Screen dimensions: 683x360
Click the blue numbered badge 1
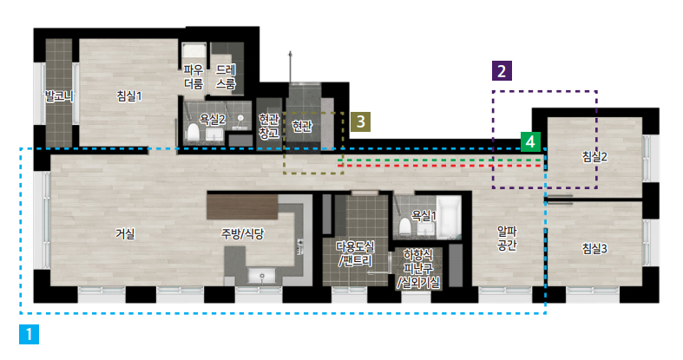click(x=29, y=334)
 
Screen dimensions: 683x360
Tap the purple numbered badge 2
click(x=502, y=71)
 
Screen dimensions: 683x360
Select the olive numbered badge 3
click(x=361, y=121)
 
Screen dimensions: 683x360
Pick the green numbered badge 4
click(x=530, y=142)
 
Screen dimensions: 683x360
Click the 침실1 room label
click(x=129, y=96)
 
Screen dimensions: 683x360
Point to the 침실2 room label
click(x=594, y=157)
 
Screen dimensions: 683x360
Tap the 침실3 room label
click(x=594, y=249)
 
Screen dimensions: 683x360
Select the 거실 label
click(x=125, y=233)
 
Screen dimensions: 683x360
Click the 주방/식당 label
click(x=243, y=234)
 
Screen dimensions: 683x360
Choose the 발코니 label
click(x=59, y=96)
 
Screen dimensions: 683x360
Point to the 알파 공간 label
click(x=507, y=238)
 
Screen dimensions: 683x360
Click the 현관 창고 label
click(x=269, y=127)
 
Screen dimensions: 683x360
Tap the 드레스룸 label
click(x=226, y=76)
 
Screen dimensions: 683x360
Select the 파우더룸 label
click(x=194, y=76)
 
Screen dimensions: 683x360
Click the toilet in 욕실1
click(x=405, y=226)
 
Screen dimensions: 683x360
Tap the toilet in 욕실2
click(x=193, y=131)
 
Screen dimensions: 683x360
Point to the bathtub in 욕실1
click(x=449, y=217)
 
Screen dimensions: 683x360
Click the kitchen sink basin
click(x=261, y=276)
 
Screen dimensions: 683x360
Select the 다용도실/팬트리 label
click(x=355, y=254)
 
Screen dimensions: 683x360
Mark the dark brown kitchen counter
click(x=242, y=206)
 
